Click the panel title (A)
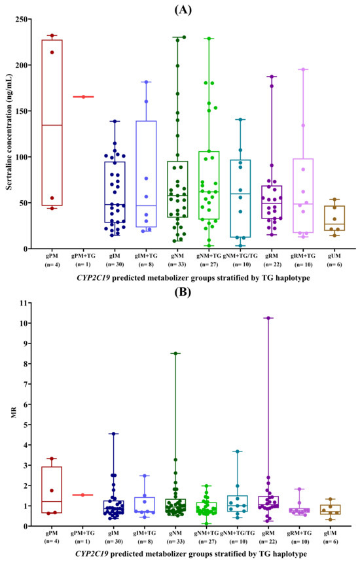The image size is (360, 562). (183, 10)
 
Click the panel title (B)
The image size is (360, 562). (183, 292)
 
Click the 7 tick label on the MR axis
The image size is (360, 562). (25, 384)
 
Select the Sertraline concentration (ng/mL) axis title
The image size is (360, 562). (9, 132)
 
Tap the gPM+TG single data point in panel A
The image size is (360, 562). (83, 97)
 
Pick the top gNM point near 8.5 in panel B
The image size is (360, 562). (175, 353)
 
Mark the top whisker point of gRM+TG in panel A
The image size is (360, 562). (303, 69)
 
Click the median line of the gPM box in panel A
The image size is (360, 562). (52, 125)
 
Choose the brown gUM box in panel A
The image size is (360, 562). (334, 219)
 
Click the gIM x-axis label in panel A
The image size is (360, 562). (115, 256)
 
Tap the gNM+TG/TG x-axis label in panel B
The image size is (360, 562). (239, 533)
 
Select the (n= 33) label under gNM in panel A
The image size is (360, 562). (177, 264)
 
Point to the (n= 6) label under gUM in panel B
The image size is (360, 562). (331, 542)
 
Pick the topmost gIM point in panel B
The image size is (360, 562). (114, 434)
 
